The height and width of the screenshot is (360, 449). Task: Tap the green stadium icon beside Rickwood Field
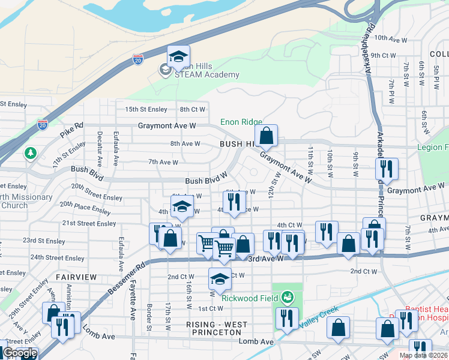point(288,297)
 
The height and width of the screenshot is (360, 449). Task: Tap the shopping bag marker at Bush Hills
point(267,136)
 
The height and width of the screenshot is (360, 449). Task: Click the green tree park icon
point(30,154)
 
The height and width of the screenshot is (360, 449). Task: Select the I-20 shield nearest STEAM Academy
point(138,59)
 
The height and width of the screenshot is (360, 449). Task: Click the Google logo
point(20,353)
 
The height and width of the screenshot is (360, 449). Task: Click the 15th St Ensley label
point(143,109)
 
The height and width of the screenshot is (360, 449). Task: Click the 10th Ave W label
point(391,37)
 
